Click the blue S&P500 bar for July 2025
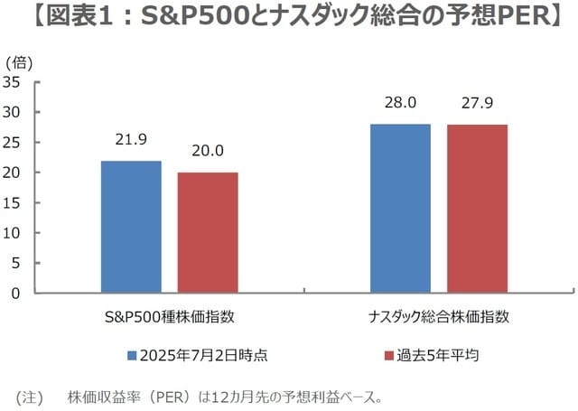(x=131, y=227)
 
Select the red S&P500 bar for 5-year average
(x=208, y=232)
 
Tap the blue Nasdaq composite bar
(x=400, y=208)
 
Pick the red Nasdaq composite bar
(x=477, y=209)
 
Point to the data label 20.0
(x=208, y=151)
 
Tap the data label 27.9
(x=477, y=103)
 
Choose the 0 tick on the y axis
(x=16, y=293)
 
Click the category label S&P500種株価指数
(x=170, y=317)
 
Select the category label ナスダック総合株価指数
(x=439, y=317)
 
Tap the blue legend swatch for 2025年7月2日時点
(x=132, y=356)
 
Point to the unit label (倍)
(x=20, y=62)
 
